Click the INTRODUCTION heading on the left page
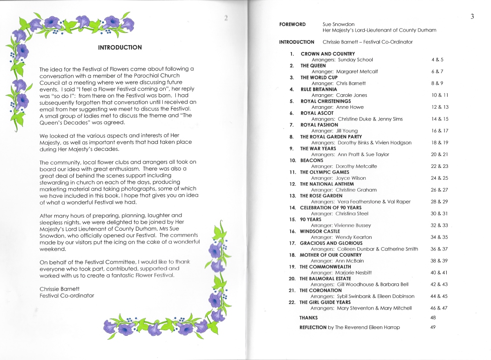point(120,47)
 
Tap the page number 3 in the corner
point(472,17)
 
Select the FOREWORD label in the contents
point(292,24)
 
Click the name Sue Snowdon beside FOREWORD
point(338,24)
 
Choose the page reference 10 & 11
point(440,95)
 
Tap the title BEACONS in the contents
point(312,160)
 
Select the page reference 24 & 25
point(440,178)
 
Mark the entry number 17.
point(292,243)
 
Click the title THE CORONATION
point(320,290)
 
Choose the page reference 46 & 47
point(440,308)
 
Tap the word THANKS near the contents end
point(309,317)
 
